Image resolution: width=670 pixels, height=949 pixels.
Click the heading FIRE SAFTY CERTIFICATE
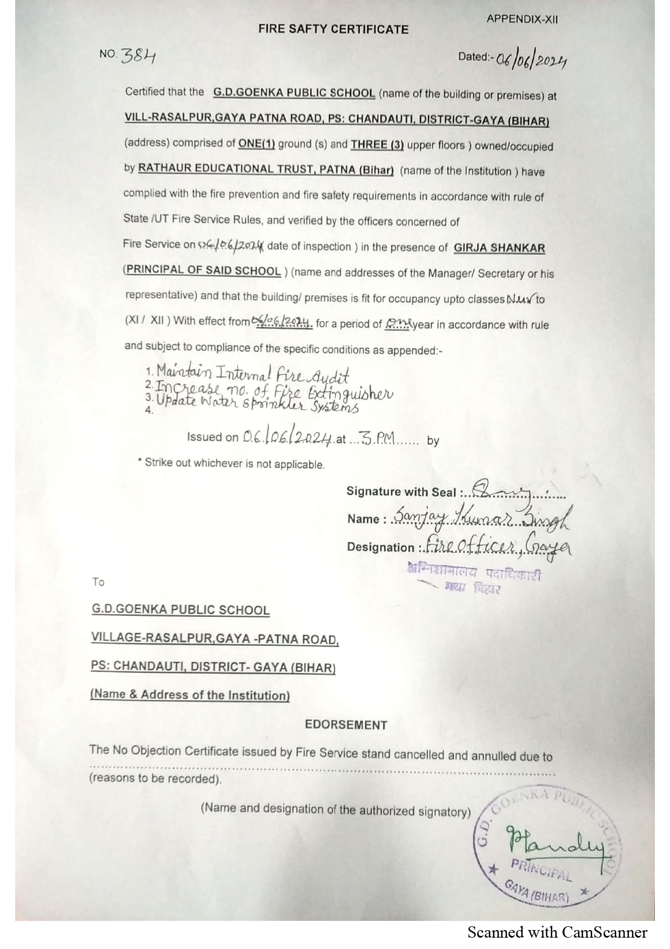pyautogui.click(x=333, y=29)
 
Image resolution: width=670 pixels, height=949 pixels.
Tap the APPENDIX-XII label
pyautogui.click(x=522, y=19)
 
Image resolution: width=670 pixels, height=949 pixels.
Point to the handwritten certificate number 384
pyautogui.click(x=138, y=55)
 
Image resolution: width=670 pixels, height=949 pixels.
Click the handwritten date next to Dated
pyautogui.click(x=531, y=61)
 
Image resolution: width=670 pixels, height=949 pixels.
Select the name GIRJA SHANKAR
pyautogui.click(x=499, y=248)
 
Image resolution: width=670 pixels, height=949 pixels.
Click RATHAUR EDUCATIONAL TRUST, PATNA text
pyautogui.click(x=266, y=169)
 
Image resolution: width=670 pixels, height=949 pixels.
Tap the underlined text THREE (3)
pyautogui.click(x=377, y=145)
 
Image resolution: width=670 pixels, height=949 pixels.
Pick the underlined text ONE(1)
pyautogui.click(x=257, y=144)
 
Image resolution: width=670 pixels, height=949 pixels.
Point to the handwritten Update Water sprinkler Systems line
pyautogui.click(x=257, y=404)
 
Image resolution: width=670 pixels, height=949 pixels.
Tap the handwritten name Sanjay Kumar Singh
pyautogui.click(x=481, y=517)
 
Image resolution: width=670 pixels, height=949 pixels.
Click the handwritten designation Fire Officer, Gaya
pyautogui.click(x=497, y=545)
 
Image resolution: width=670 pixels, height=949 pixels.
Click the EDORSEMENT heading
pyautogui.click(x=346, y=725)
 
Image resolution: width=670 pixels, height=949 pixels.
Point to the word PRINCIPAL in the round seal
pyautogui.click(x=541, y=870)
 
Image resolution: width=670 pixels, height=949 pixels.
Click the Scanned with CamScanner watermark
pyautogui.click(x=557, y=932)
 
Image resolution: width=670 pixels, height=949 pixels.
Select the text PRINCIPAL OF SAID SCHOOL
pyautogui.click(x=203, y=270)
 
